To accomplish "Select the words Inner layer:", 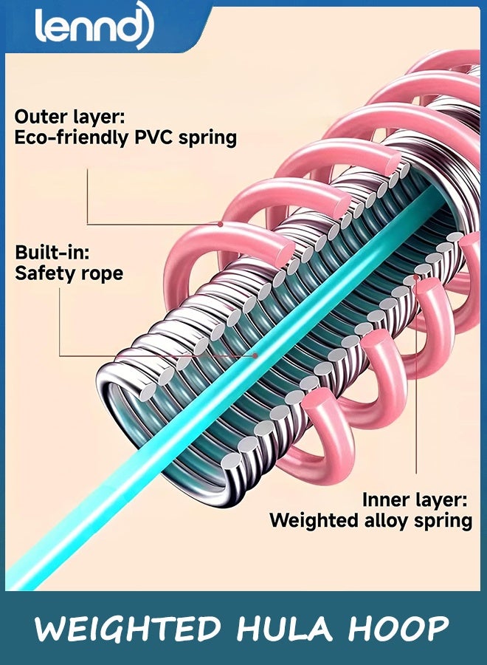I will click(414, 499).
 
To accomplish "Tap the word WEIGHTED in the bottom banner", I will click(128, 629).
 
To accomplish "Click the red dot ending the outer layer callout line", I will click(221, 223).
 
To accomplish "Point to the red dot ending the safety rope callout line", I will click(255, 355).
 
